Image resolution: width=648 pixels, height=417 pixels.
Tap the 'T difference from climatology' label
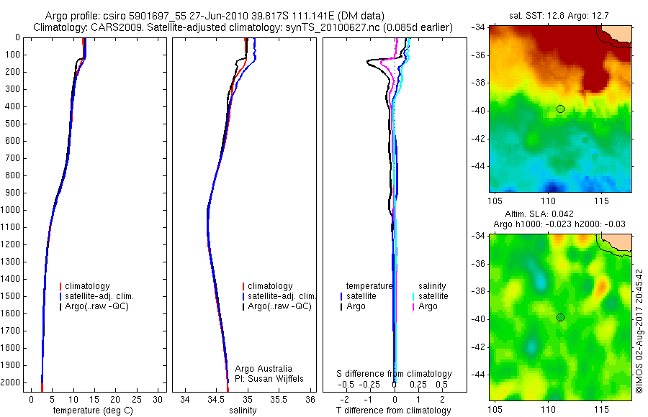[x=394, y=411]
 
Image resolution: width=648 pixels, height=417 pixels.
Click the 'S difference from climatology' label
[x=395, y=374]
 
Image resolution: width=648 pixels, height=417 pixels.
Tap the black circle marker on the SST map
[x=560, y=109]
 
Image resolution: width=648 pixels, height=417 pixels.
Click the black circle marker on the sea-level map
[x=560, y=317]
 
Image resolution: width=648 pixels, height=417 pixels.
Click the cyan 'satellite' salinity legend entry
[x=433, y=296]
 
